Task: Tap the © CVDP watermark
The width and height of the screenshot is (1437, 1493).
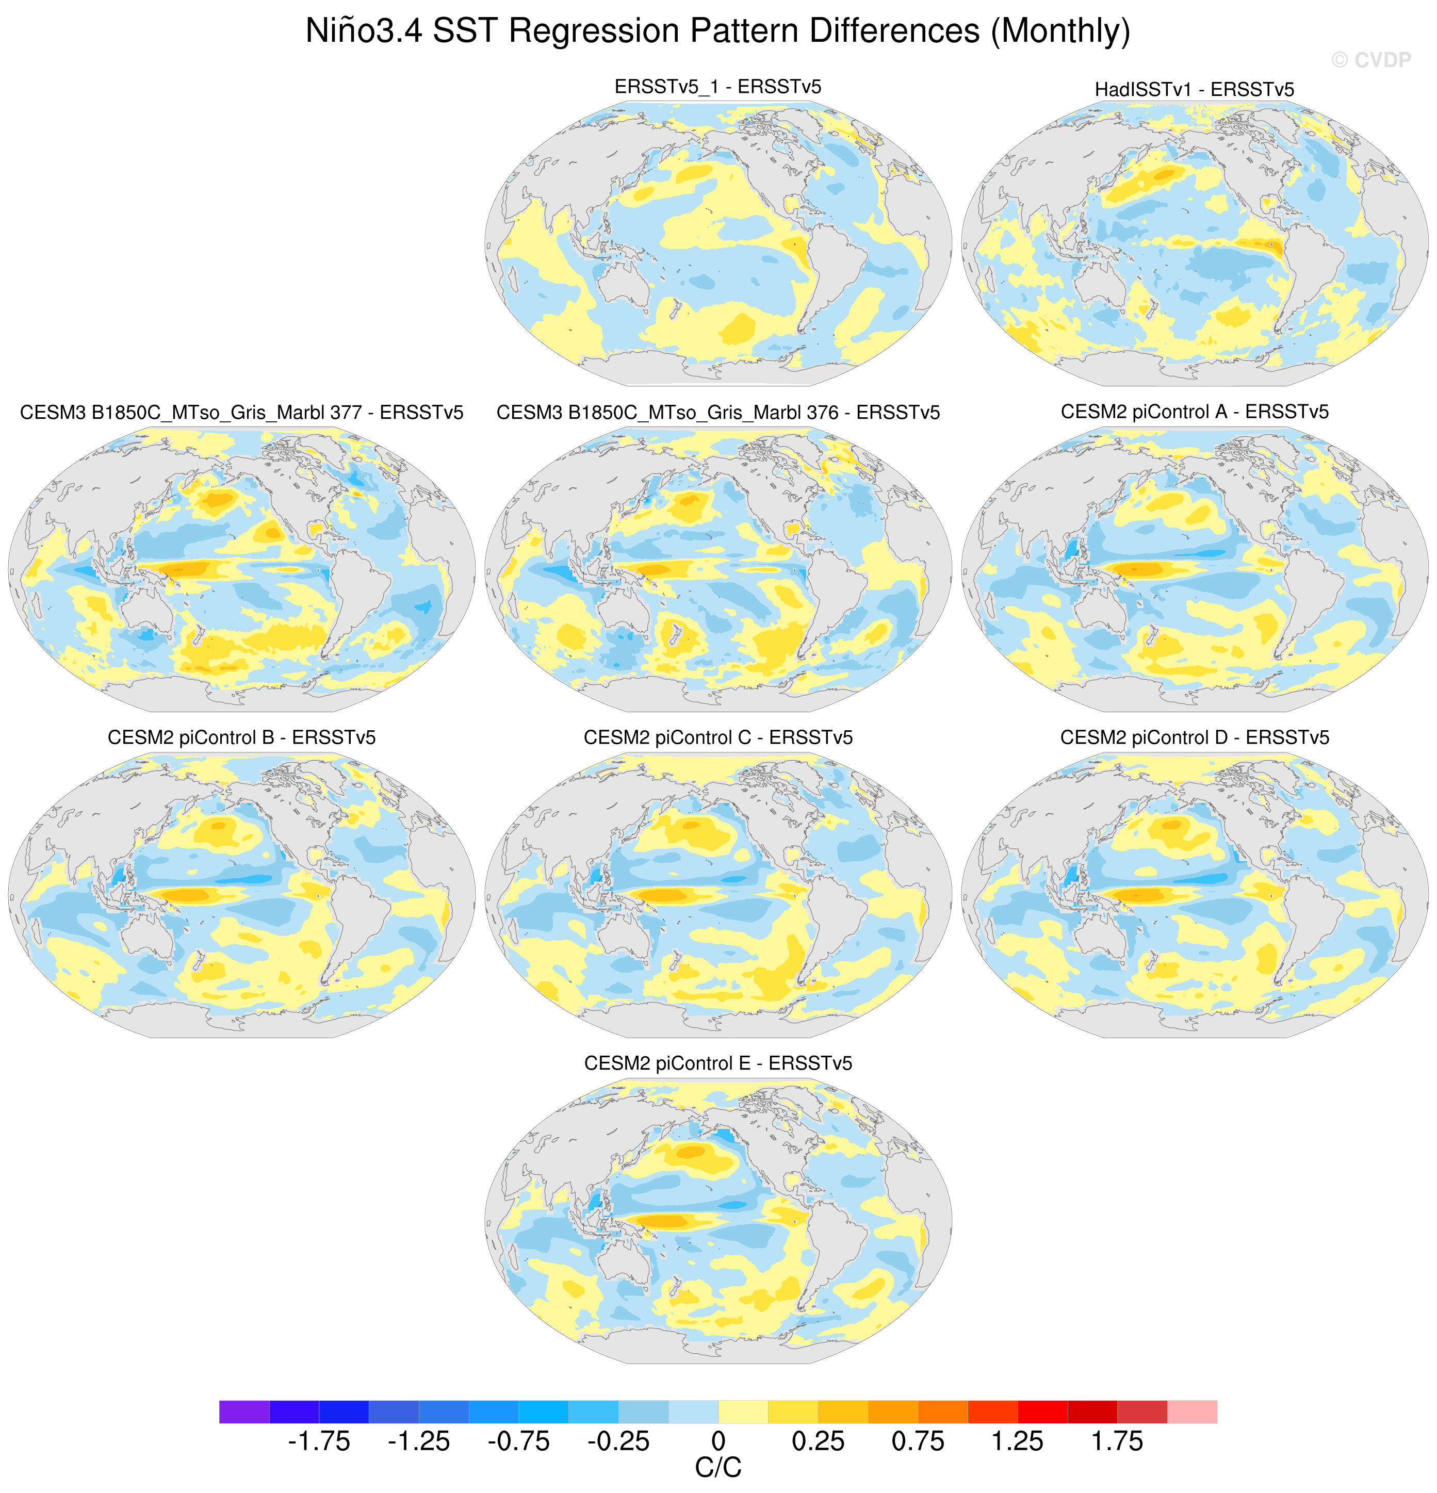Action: pos(1370,60)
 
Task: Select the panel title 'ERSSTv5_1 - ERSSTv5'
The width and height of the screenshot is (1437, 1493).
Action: pos(718,87)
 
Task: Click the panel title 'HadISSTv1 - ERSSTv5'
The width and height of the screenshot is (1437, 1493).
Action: pos(1194,90)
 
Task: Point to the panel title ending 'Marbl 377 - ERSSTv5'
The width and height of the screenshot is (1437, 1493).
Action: pos(241,413)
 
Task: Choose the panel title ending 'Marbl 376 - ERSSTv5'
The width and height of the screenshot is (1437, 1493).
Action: pos(718,413)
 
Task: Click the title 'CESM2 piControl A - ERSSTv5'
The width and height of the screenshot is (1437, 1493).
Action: pos(1194,412)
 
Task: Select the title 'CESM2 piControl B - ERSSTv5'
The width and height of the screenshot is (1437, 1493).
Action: pos(241,737)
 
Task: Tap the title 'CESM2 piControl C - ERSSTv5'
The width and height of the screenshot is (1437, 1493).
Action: pos(718,737)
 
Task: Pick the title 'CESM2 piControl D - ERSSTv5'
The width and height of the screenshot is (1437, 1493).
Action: pos(1194,737)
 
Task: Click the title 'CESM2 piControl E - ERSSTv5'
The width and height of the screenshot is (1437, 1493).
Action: pos(718,1063)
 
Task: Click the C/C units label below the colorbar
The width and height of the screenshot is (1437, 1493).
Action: pos(718,1468)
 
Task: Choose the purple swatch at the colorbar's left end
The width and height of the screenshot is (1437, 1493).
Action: pos(244,1412)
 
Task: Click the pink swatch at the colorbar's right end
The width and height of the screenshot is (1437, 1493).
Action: pos(1191,1412)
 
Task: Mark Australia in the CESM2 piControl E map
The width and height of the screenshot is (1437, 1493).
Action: pos(625,1265)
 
